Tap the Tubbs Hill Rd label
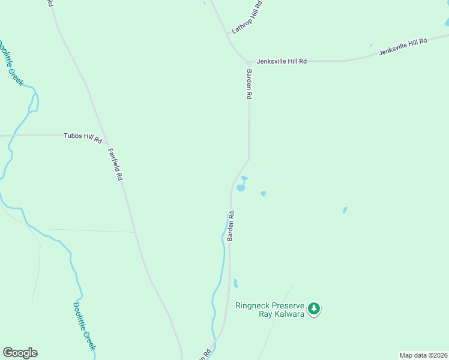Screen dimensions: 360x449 pos(83,137)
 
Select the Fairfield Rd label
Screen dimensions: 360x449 pos(115,165)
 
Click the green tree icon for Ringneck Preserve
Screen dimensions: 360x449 pos(313,309)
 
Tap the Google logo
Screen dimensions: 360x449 pos(20,353)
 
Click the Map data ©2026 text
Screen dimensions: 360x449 pos(423,355)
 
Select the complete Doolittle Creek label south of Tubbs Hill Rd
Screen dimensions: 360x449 pos(85,325)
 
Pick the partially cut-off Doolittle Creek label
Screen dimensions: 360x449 pos(11,62)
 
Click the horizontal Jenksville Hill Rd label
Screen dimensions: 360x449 pos(282,61)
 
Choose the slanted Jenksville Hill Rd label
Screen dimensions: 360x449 pos(403,47)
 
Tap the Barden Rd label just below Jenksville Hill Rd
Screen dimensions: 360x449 pos(249,83)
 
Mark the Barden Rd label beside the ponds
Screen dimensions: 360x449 pos(231,226)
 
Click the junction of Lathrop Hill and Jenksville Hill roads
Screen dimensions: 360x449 pos(248,62)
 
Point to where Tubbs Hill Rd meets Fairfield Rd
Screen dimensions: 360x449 pos(106,143)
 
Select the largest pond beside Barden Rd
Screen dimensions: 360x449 pos(241,187)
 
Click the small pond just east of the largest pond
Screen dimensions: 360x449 pos(263,193)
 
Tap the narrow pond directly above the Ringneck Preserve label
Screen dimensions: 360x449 pos(235,283)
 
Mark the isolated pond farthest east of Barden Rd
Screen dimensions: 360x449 pos(345,210)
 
